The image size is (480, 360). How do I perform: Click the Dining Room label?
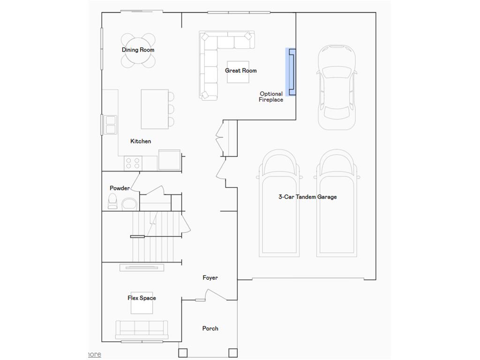(x=138, y=50)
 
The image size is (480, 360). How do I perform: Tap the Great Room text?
(x=240, y=70)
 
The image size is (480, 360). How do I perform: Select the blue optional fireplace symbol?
(x=291, y=72)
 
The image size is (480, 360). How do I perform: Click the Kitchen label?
(x=141, y=141)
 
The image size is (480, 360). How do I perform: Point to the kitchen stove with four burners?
(x=133, y=163)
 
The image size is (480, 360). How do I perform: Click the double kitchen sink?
(x=110, y=125)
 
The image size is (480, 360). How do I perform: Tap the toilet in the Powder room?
(x=112, y=201)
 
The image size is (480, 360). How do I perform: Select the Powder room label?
(x=120, y=188)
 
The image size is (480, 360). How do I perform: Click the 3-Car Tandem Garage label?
(x=307, y=197)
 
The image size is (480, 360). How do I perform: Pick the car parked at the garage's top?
(x=337, y=87)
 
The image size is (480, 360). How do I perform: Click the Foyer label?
(x=210, y=277)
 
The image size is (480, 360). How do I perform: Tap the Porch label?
(x=210, y=329)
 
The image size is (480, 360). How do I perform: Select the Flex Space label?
(x=142, y=298)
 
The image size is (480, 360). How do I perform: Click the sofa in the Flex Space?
(x=142, y=330)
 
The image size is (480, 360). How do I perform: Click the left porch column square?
(x=183, y=352)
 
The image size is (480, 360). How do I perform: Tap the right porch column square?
(x=233, y=352)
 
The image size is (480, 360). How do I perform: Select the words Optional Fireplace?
(x=271, y=97)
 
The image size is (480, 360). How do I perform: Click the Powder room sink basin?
(x=129, y=204)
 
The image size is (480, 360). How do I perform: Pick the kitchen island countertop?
(x=155, y=109)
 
